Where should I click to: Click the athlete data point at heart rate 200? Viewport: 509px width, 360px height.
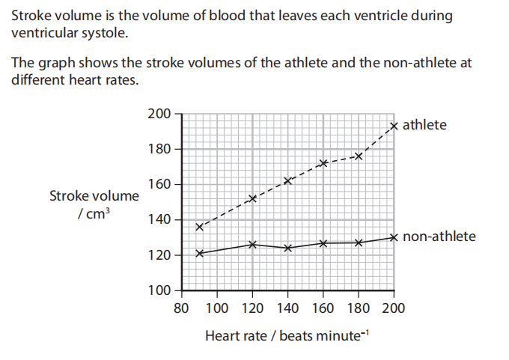pos(394,126)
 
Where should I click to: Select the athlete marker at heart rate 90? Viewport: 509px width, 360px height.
pos(199,226)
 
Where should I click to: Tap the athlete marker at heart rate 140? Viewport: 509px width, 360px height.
pos(287,180)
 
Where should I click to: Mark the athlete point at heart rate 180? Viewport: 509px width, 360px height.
pos(359,156)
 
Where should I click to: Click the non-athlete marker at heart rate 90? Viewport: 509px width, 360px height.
pos(199,253)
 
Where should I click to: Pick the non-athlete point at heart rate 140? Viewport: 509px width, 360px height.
pos(287,248)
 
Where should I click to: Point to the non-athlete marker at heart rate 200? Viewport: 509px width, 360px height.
pos(394,237)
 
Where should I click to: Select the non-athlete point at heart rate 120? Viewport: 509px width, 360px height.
pos(252,244)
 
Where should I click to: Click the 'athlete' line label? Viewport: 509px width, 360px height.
pos(424,125)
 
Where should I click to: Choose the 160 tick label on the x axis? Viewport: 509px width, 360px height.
pos(323,308)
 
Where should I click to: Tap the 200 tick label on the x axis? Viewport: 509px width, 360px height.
pos(394,308)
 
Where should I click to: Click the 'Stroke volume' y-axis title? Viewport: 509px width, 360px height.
pos(94,196)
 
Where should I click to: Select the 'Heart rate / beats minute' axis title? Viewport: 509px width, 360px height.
pos(287,335)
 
